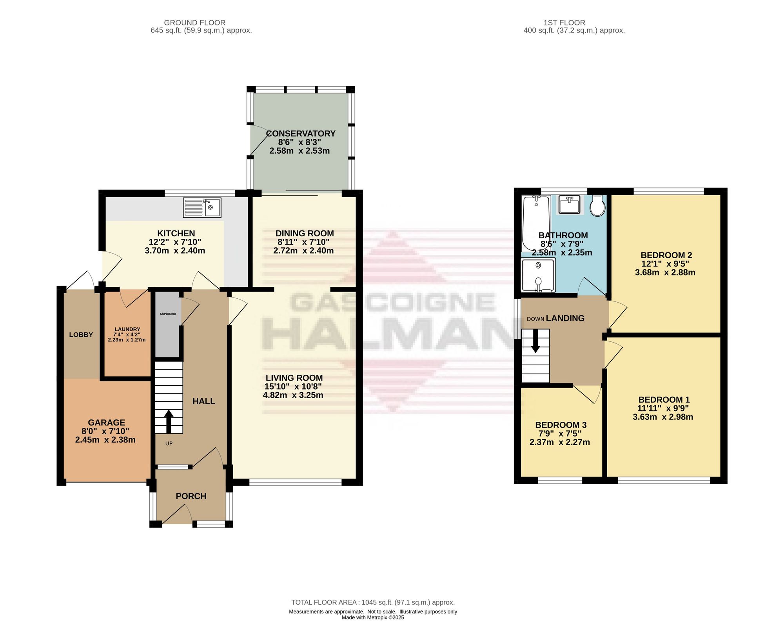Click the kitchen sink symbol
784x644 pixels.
pyautogui.click(x=202, y=207)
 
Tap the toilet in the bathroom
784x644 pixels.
pyautogui.click(x=597, y=206)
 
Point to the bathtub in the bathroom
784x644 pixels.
pyautogui.click(x=536, y=223)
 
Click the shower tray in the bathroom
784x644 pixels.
pyautogui.click(x=538, y=275)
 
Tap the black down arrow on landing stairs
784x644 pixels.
pyautogui.click(x=535, y=341)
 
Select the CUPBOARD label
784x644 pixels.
pyautogui.click(x=168, y=314)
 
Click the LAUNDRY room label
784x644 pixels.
pyautogui.click(x=127, y=329)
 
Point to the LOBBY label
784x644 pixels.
pyautogui.click(x=81, y=335)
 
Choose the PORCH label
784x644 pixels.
pyautogui.click(x=191, y=496)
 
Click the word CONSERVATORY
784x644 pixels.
pyautogui.click(x=301, y=134)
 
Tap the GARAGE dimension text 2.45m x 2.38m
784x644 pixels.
pyautogui.click(x=105, y=440)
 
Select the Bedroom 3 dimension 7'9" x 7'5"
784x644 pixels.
pyautogui.click(x=560, y=434)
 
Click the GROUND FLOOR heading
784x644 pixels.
pyautogui.click(x=194, y=23)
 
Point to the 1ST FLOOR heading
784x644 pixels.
pyautogui.click(x=564, y=23)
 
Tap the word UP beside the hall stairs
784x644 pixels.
pyautogui.click(x=169, y=444)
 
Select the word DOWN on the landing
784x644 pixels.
pyautogui.click(x=535, y=319)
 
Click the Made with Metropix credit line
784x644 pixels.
pyautogui.click(x=373, y=618)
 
